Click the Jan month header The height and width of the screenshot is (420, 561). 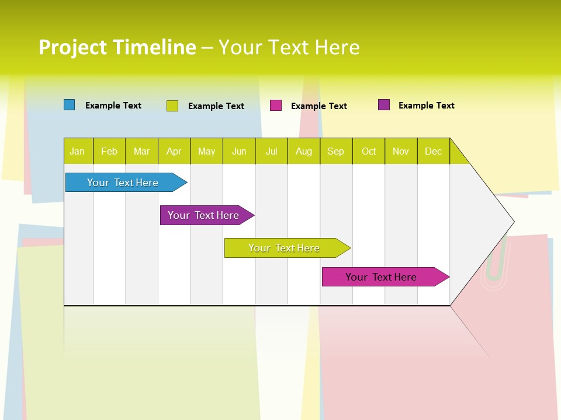coord(78,151)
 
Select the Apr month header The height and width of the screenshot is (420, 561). coord(174,151)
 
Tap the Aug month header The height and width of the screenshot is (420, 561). coord(304,151)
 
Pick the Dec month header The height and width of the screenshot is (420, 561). coord(434,151)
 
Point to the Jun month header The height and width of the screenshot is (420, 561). coord(239,151)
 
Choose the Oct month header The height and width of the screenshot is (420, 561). coord(369,151)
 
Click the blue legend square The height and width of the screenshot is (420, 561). coord(70,105)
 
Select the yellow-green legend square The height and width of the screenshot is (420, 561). coord(172,106)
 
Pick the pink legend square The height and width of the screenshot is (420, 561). coord(276,106)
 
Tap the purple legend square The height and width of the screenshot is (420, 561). coord(384,105)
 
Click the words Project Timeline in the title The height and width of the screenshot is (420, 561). coord(117,47)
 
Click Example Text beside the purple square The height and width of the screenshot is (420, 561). coord(426,106)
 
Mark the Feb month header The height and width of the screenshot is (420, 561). coord(109,151)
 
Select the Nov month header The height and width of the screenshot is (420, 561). coord(401,151)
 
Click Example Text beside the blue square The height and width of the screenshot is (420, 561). coord(113,106)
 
